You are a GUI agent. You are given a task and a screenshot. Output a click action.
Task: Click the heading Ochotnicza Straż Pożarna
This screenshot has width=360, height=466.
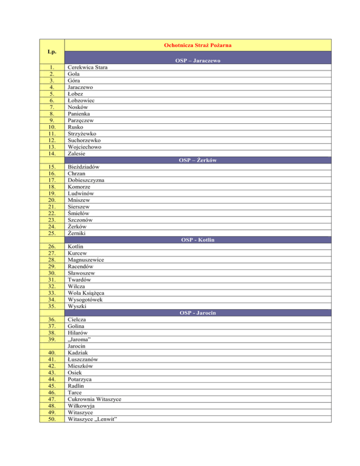pyautogui.click(x=197, y=45)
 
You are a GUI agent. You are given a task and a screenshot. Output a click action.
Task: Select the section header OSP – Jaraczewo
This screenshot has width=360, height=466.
pyautogui.click(x=197, y=61)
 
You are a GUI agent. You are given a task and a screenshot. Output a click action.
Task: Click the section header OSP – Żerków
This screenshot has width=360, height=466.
pyautogui.click(x=197, y=160)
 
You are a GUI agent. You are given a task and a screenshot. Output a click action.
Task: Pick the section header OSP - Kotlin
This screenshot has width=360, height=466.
pyautogui.click(x=197, y=240)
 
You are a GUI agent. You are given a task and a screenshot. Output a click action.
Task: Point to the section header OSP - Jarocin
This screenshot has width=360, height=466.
pyautogui.click(x=197, y=313)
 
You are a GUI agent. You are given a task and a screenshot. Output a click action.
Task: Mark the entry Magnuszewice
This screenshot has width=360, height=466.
pyautogui.click(x=86, y=260)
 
